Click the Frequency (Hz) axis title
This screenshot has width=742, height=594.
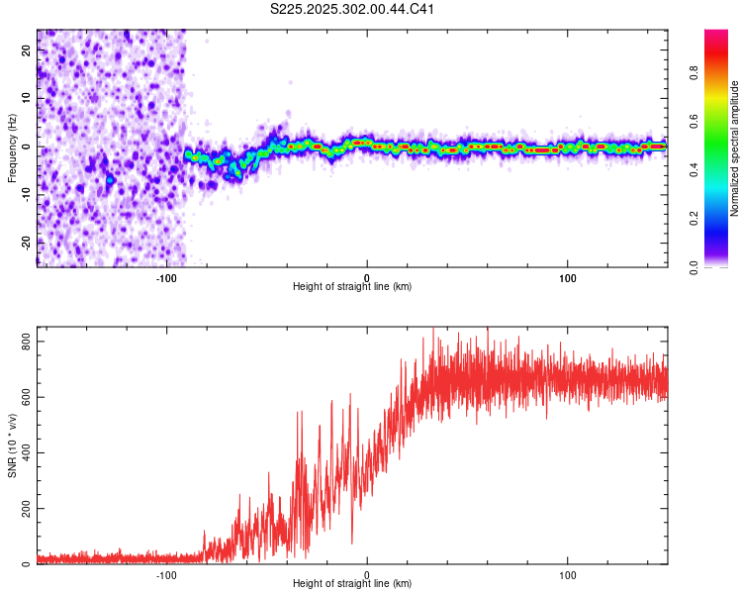pos(12,148)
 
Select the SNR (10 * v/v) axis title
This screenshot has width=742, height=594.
pos(12,445)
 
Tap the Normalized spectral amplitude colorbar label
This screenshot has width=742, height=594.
pos(734,148)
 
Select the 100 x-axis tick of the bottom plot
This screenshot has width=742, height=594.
pos(568,574)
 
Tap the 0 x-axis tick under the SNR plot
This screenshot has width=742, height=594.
pos(367,574)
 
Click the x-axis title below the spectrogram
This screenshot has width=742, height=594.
pos(352,287)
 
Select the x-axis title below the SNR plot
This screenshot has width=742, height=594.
pos(352,584)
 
